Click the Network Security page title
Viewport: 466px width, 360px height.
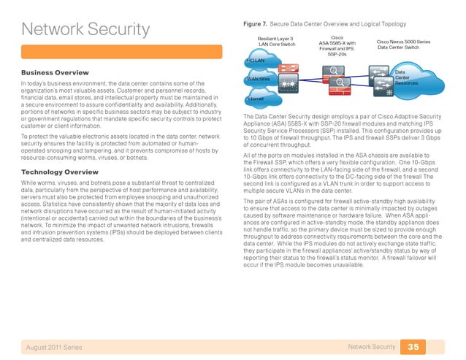pyautogui.click(x=85, y=31)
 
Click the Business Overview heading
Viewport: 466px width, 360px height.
pyautogui.click(x=56, y=73)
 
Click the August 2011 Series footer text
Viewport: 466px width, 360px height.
pyautogui.click(x=55, y=345)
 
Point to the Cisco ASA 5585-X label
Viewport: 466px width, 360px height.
pyautogui.click(x=337, y=45)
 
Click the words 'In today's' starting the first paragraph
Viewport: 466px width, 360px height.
pyautogui.click(x=33, y=87)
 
